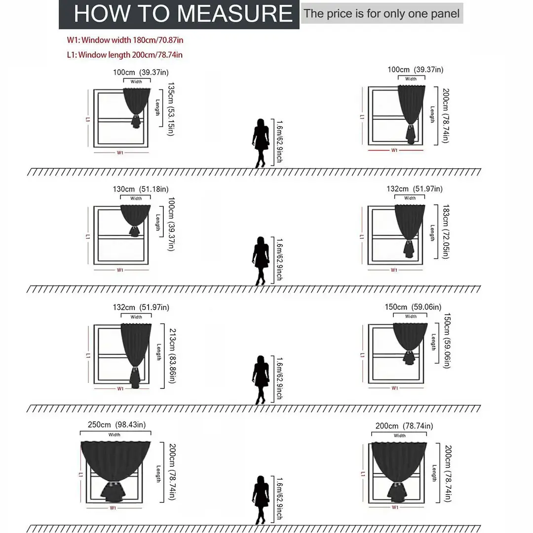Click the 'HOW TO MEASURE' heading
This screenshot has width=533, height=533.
183,14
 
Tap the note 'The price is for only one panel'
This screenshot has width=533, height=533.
381,14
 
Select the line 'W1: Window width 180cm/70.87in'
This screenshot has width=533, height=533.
125,40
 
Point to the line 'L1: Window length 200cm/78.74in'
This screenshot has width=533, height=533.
125,55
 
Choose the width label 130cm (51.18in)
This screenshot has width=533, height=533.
141,189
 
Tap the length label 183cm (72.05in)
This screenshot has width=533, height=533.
446,231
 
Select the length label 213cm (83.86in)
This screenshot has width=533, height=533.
172,355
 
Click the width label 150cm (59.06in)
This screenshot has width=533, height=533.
413,307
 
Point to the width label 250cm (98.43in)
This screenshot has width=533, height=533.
116,424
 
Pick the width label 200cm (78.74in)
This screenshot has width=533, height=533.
404,426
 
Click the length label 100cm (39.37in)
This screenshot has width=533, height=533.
171,224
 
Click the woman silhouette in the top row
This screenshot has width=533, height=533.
261,143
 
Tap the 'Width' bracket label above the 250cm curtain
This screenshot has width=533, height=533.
114,435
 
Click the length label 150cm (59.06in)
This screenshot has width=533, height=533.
447,341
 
